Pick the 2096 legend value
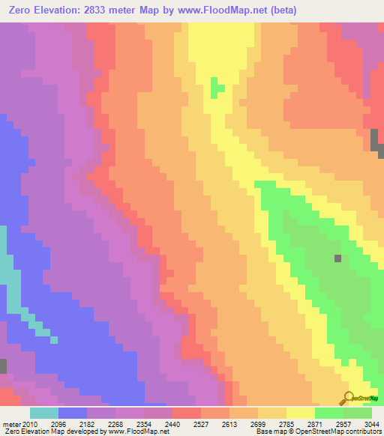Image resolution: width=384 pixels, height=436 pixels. pyautogui.click(x=69, y=424)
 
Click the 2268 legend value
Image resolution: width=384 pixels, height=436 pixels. pyautogui.click(x=133, y=424)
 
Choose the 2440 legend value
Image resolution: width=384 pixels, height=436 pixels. pyautogui.click(x=198, y=424)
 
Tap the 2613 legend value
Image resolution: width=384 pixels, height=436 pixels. pyautogui.click(x=262, y=424)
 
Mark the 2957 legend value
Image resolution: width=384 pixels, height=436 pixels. pyautogui.click(x=327, y=424)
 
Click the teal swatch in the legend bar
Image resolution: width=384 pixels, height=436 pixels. pyautogui.click(x=44, y=413)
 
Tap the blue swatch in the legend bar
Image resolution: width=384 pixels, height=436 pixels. pyautogui.click(x=73, y=413)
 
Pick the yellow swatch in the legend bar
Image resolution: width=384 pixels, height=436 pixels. pyautogui.click(x=301, y=413)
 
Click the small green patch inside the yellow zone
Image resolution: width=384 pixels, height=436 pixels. pyautogui.click(x=217, y=88)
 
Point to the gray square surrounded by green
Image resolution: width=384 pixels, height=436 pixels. pyautogui.click(x=337, y=258)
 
